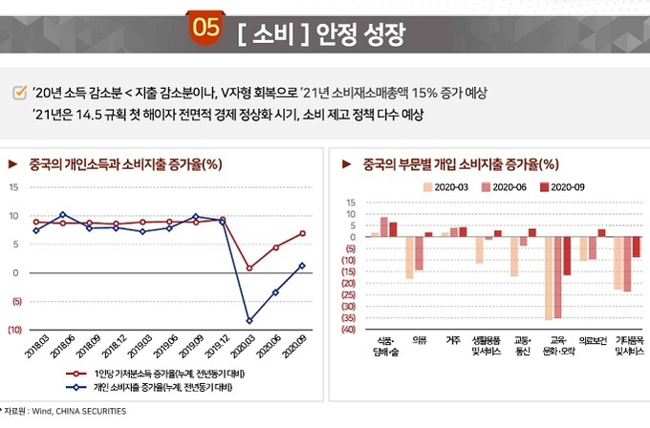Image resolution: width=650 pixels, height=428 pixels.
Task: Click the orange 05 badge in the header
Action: pos(206,28)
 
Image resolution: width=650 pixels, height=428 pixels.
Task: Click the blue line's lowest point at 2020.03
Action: pos(249,321)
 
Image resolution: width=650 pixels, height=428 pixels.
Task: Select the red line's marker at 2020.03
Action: pos(249,267)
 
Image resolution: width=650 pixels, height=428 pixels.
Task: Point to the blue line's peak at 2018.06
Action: pos(62,215)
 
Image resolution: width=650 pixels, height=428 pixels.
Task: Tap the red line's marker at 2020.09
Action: pos(302,233)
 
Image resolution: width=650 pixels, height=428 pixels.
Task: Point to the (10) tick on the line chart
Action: pos(16,330)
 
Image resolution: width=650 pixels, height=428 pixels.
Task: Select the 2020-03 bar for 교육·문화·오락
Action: pos(548,278)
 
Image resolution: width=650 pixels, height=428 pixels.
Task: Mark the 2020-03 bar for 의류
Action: pos(410,258)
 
